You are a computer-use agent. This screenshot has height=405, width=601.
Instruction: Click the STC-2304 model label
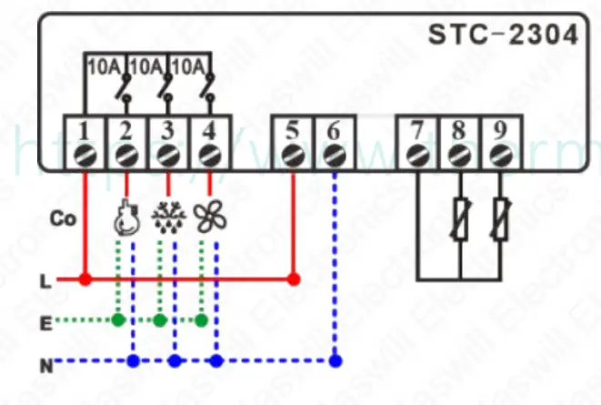tap(503, 35)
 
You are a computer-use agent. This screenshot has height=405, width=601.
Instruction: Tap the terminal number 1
tap(83, 128)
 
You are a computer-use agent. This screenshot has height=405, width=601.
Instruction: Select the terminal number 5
tap(292, 128)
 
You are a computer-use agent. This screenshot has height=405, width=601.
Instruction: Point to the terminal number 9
tap(499, 128)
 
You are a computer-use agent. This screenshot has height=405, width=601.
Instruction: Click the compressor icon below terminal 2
tap(124, 217)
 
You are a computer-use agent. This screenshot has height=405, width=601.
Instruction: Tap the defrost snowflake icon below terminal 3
tap(166, 217)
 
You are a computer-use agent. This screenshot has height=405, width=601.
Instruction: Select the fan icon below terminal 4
tap(210, 217)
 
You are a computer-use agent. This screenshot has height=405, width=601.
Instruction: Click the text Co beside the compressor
tap(62, 219)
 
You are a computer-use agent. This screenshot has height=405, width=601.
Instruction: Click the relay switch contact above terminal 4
tap(210, 91)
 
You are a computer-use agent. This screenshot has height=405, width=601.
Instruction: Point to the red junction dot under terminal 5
tap(292, 278)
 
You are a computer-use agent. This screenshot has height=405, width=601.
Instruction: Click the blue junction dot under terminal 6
tap(336, 361)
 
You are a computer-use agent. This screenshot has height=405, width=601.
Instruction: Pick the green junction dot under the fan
tap(202, 320)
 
